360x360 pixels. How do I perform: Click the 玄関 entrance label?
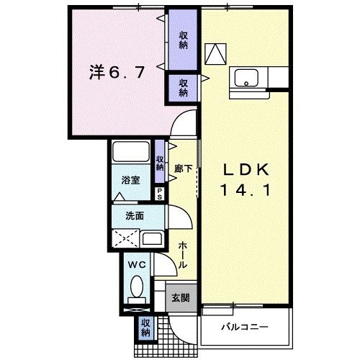[181, 297]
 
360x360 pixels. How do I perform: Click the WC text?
[136, 265]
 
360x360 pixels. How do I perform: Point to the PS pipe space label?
[161, 192]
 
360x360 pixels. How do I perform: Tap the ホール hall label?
[183, 253]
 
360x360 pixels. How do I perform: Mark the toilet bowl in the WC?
[136, 291]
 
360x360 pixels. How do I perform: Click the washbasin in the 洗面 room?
[151, 238]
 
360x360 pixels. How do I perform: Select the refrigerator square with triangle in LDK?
[215, 53]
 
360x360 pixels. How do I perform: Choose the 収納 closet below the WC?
[145, 328]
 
